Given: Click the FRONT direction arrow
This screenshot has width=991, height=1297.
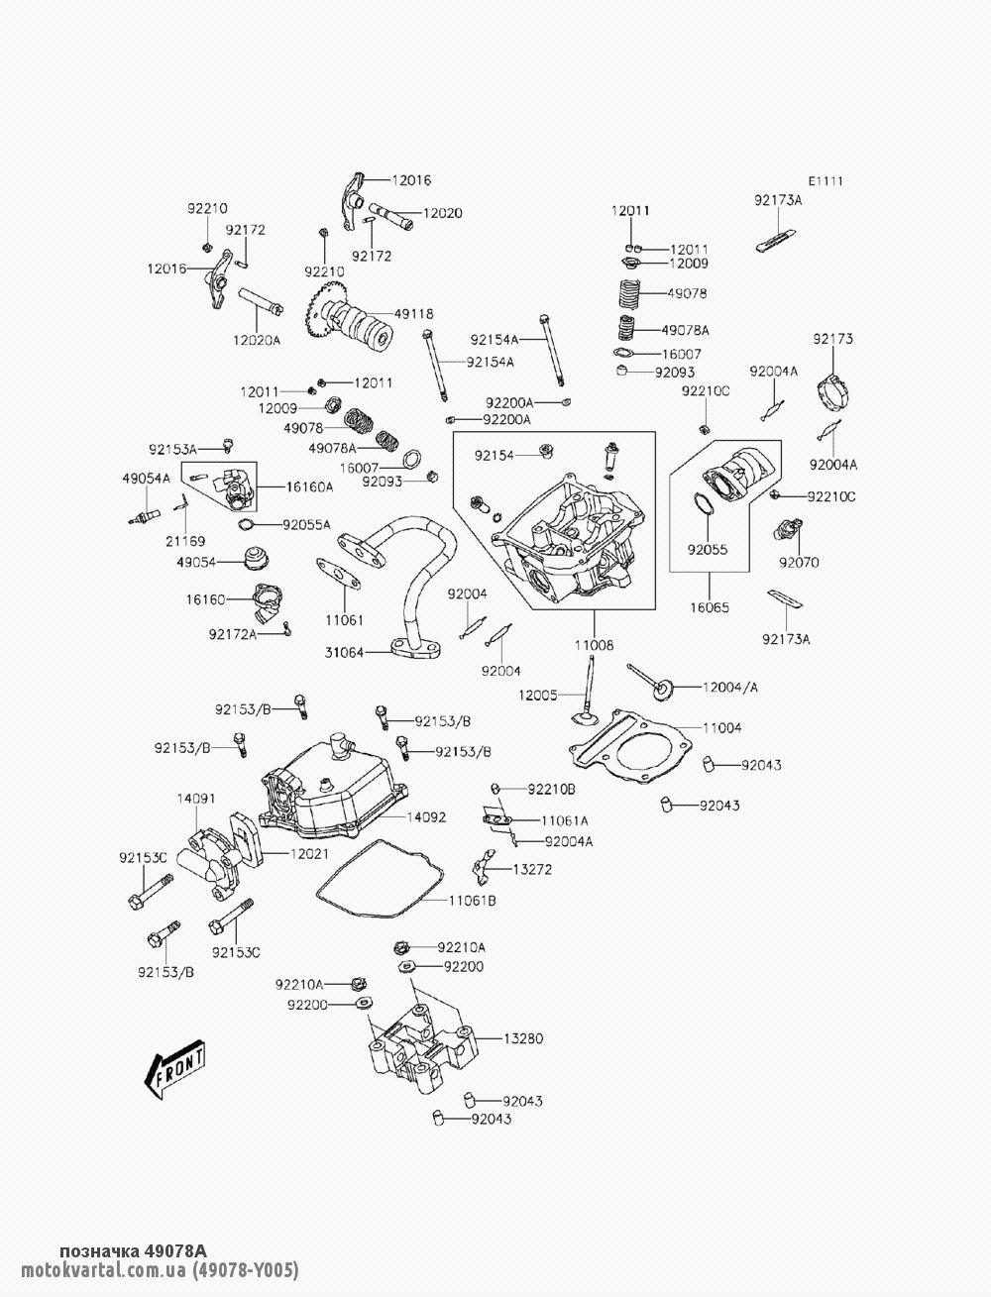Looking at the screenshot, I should pos(175,1070).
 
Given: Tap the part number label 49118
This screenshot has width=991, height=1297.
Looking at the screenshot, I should pos(413,313).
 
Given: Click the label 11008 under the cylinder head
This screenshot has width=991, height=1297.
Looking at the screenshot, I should pos(594,645).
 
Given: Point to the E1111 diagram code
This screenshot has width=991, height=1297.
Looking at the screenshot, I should pos(826,181).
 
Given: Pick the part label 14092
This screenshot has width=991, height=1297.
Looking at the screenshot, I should pos(426,817).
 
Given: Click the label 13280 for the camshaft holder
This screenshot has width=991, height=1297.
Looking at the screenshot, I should pos(523,1038).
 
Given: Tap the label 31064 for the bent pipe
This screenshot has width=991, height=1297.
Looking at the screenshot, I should pos(343,652).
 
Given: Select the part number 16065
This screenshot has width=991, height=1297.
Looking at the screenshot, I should pos(710,607).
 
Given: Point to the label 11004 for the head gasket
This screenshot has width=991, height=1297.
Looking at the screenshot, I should pos(721,728).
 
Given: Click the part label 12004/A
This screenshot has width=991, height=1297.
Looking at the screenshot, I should pos(730,687).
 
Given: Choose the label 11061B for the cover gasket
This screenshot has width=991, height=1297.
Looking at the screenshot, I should pos(472,901).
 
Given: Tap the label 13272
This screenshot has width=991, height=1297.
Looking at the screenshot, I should pos(532,869).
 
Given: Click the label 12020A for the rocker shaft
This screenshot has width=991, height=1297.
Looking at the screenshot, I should pos(257,340).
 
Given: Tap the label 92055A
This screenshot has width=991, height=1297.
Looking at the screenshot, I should pos(306,524).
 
